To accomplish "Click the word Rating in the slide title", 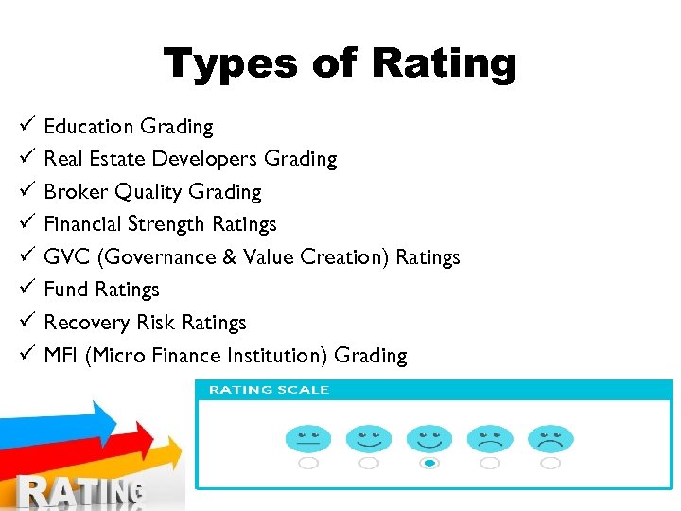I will (445, 64).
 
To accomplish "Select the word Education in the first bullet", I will (89, 127).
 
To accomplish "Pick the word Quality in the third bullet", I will (148, 192).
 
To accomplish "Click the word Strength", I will (166, 224).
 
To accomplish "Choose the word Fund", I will (66, 290).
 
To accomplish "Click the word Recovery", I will (88, 323).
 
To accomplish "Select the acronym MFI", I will (61, 356).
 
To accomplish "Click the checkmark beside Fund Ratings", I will (26, 289).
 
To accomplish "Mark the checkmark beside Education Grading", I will (26, 126).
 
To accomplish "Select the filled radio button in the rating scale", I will (429, 463).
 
